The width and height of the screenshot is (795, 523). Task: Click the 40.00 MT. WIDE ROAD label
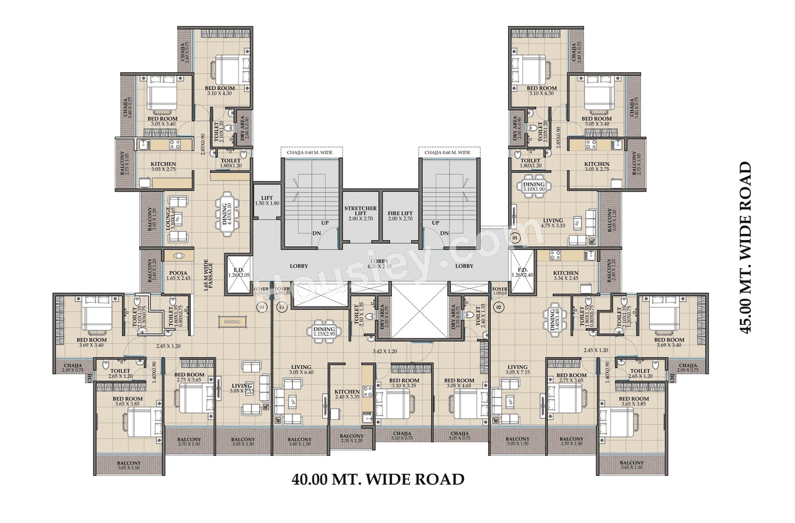pos(378,479)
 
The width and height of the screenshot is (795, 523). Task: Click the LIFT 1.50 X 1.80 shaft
pos(267,201)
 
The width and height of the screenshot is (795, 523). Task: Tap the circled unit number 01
pos(514,238)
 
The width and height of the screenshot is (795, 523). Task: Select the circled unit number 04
pos(261,307)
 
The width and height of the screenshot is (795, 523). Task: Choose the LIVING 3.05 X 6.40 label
pos(301,371)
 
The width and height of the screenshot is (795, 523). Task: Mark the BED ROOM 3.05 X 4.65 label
pos(459,383)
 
